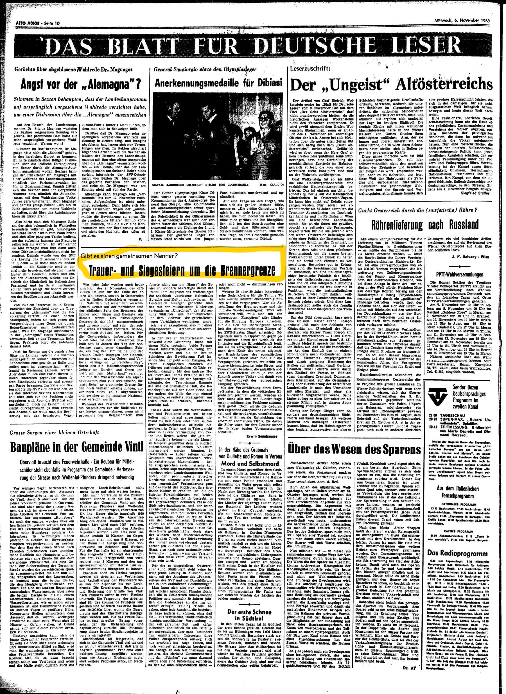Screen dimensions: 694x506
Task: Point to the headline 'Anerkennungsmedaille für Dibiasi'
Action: pos(218,83)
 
